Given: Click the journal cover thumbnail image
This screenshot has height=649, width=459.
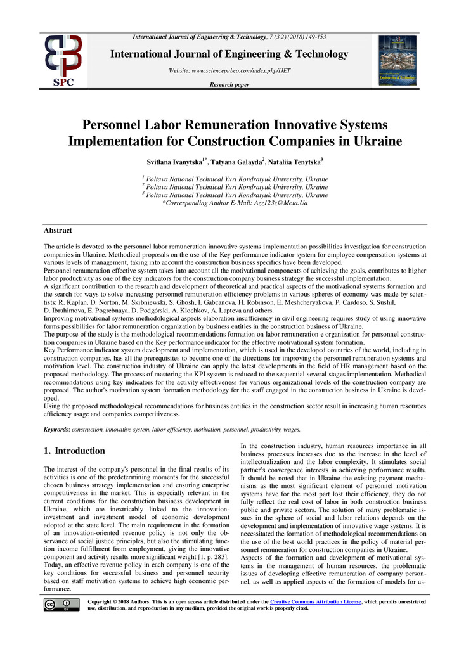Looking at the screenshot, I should pos(398,60).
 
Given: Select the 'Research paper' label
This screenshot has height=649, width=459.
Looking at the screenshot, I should pos(229,84).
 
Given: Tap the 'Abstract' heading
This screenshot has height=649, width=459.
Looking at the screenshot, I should pos(57,231).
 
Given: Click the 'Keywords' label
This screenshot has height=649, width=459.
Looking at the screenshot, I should pos(56,430).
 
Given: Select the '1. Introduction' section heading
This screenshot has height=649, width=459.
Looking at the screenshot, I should pos(74,451).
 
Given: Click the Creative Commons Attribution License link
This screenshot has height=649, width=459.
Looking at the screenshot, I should pos(315,601).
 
